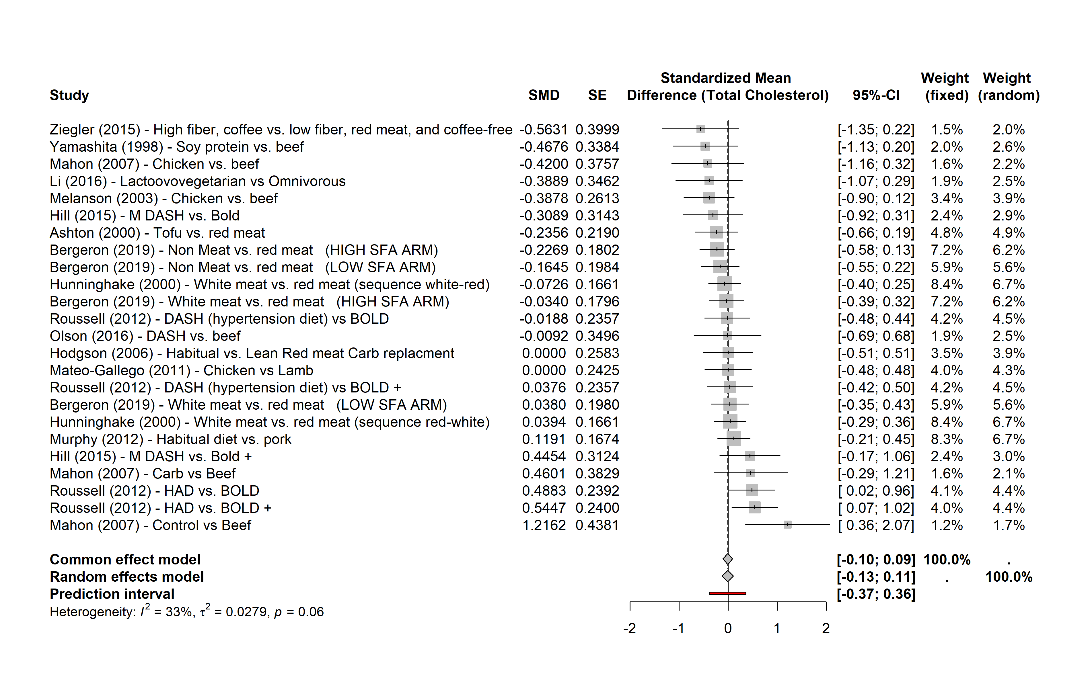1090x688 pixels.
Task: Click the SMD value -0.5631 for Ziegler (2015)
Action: [543, 130]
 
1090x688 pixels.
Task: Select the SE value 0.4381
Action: [597, 525]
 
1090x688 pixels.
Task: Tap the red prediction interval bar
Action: [728, 593]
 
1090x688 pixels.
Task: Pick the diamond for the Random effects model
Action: [727, 576]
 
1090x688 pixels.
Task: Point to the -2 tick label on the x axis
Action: [630, 628]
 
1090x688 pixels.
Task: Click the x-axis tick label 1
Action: [777, 628]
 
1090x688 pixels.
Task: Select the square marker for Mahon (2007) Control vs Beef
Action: [788, 525]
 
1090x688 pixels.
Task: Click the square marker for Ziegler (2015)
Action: [700, 129]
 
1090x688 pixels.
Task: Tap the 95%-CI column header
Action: [876, 95]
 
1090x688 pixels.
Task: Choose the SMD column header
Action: [544, 95]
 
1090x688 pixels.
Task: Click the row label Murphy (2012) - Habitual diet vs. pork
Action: [171, 439]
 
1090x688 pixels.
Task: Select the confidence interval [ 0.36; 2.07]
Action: [876, 525]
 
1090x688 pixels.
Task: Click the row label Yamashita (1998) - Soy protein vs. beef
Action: [177, 147]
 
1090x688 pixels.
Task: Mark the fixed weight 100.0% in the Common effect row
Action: [947, 560]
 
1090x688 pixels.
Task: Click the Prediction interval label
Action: [112, 594]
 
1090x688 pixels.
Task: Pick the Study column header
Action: [69, 95]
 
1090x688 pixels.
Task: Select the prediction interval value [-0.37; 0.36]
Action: [876, 594]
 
